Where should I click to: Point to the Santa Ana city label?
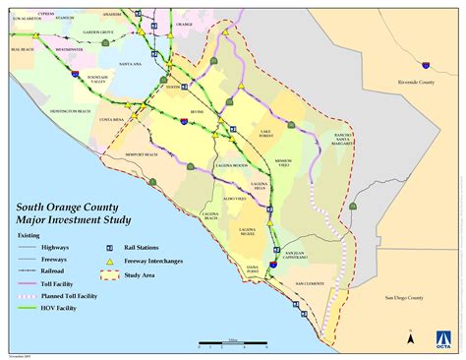(131, 64)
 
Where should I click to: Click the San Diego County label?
(402, 297)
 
